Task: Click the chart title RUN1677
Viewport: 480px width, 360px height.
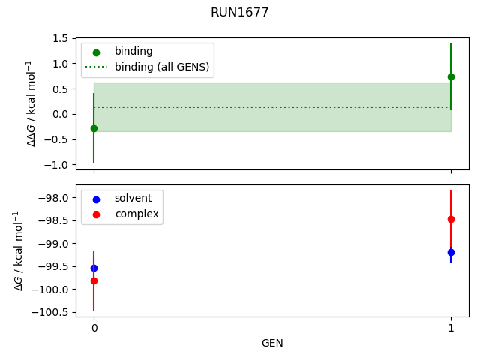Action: [x=240, y=13]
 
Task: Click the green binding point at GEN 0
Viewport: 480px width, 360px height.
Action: [x=94, y=128]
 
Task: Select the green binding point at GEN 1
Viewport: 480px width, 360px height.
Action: [x=451, y=76]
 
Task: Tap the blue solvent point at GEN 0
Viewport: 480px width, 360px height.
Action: [x=94, y=268]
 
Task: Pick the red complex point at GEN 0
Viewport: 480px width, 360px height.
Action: [x=94, y=280]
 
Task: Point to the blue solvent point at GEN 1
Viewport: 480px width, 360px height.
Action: [x=451, y=252]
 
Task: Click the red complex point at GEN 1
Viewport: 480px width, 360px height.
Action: [x=451, y=219]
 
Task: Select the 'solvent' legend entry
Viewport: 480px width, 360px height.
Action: [x=133, y=198]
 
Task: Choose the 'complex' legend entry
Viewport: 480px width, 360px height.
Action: [x=136, y=214]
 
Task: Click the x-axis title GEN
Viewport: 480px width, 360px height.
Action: [x=272, y=343]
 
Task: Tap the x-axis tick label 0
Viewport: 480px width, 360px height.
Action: [x=94, y=328]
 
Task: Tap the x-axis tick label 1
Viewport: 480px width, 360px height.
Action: [x=451, y=328]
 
